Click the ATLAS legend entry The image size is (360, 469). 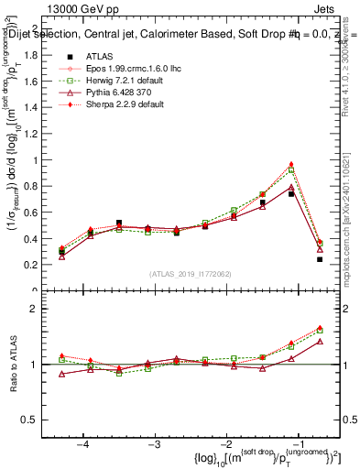pos(99,56)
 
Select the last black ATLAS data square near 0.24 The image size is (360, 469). pos(320,259)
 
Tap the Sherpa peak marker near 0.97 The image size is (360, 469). pos(291,164)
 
